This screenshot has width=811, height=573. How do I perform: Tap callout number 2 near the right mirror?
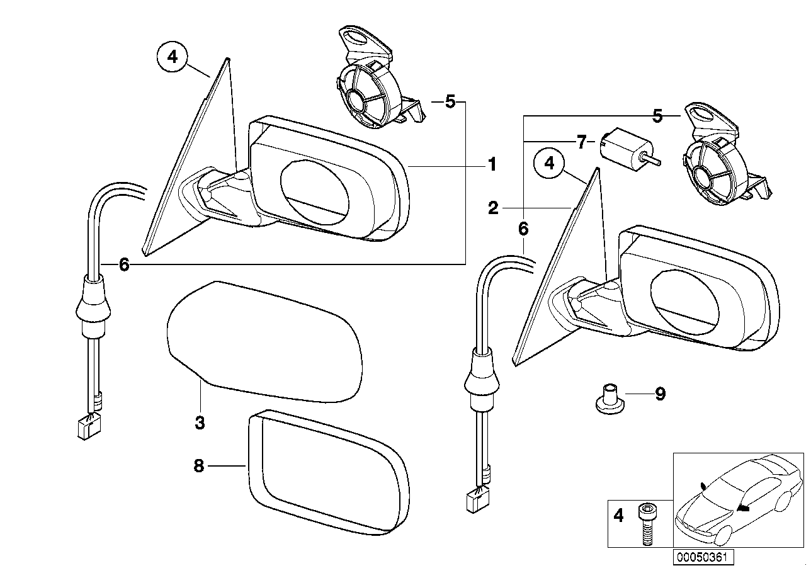pos(493,208)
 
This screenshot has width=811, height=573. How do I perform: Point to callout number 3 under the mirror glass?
pos(199,423)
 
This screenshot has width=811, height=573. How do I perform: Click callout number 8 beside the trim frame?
pos(199,466)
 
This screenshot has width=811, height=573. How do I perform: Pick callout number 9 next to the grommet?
pos(660,394)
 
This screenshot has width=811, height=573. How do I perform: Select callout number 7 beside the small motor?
pos(581,141)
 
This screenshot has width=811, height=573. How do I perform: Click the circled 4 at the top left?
pos(172,58)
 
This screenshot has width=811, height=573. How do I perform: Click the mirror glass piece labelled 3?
pos(264,343)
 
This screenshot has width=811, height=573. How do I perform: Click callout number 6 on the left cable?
pos(123,265)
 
